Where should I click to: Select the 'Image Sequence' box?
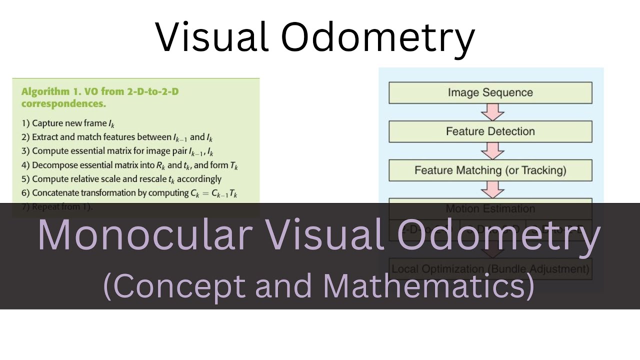pos(490,92)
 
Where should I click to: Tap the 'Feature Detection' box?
pos(490,131)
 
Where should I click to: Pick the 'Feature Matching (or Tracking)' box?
pos(490,170)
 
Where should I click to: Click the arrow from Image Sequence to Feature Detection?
pos(492,112)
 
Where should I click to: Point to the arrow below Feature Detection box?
pos(492,150)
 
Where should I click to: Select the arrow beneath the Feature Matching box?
pos(492,189)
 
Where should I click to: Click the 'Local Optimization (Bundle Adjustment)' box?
pos(490,269)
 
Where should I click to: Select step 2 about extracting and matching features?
pos(117,137)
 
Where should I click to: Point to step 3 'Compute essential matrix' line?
pos(117,151)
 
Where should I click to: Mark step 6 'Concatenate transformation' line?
pos(129,193)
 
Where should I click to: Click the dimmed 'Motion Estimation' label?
pos(490,208)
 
